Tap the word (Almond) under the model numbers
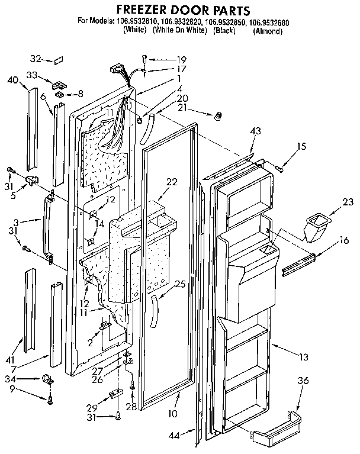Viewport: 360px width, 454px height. (267, 31)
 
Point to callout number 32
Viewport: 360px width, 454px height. (36, 59)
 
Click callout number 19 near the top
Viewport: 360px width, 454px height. (165, 60)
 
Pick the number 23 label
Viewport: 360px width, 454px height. (348, 202)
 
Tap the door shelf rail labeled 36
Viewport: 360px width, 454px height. (277, 431)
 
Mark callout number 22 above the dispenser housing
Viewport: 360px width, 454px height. (172, 182)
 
